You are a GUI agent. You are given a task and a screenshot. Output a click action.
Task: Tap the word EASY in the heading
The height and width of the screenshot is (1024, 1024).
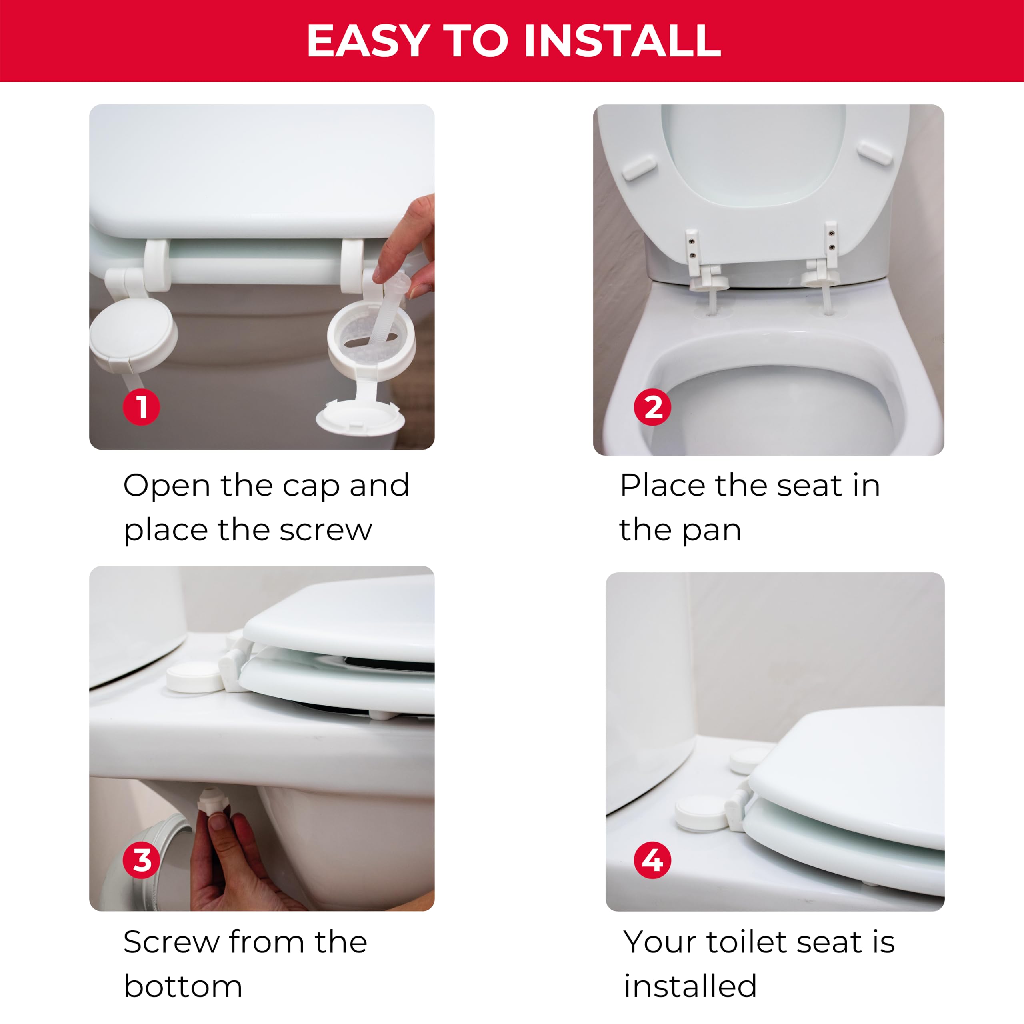[368, 41]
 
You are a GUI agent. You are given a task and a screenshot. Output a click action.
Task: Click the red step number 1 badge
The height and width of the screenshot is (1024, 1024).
[141, 407]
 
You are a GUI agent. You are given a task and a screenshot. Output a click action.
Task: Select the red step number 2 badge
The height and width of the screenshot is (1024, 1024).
[652, 407]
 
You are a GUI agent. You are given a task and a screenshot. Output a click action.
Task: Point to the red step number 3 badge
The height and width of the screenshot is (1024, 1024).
[141, 860]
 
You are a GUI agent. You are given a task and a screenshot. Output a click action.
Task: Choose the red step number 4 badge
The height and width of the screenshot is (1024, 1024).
[652, 860]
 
